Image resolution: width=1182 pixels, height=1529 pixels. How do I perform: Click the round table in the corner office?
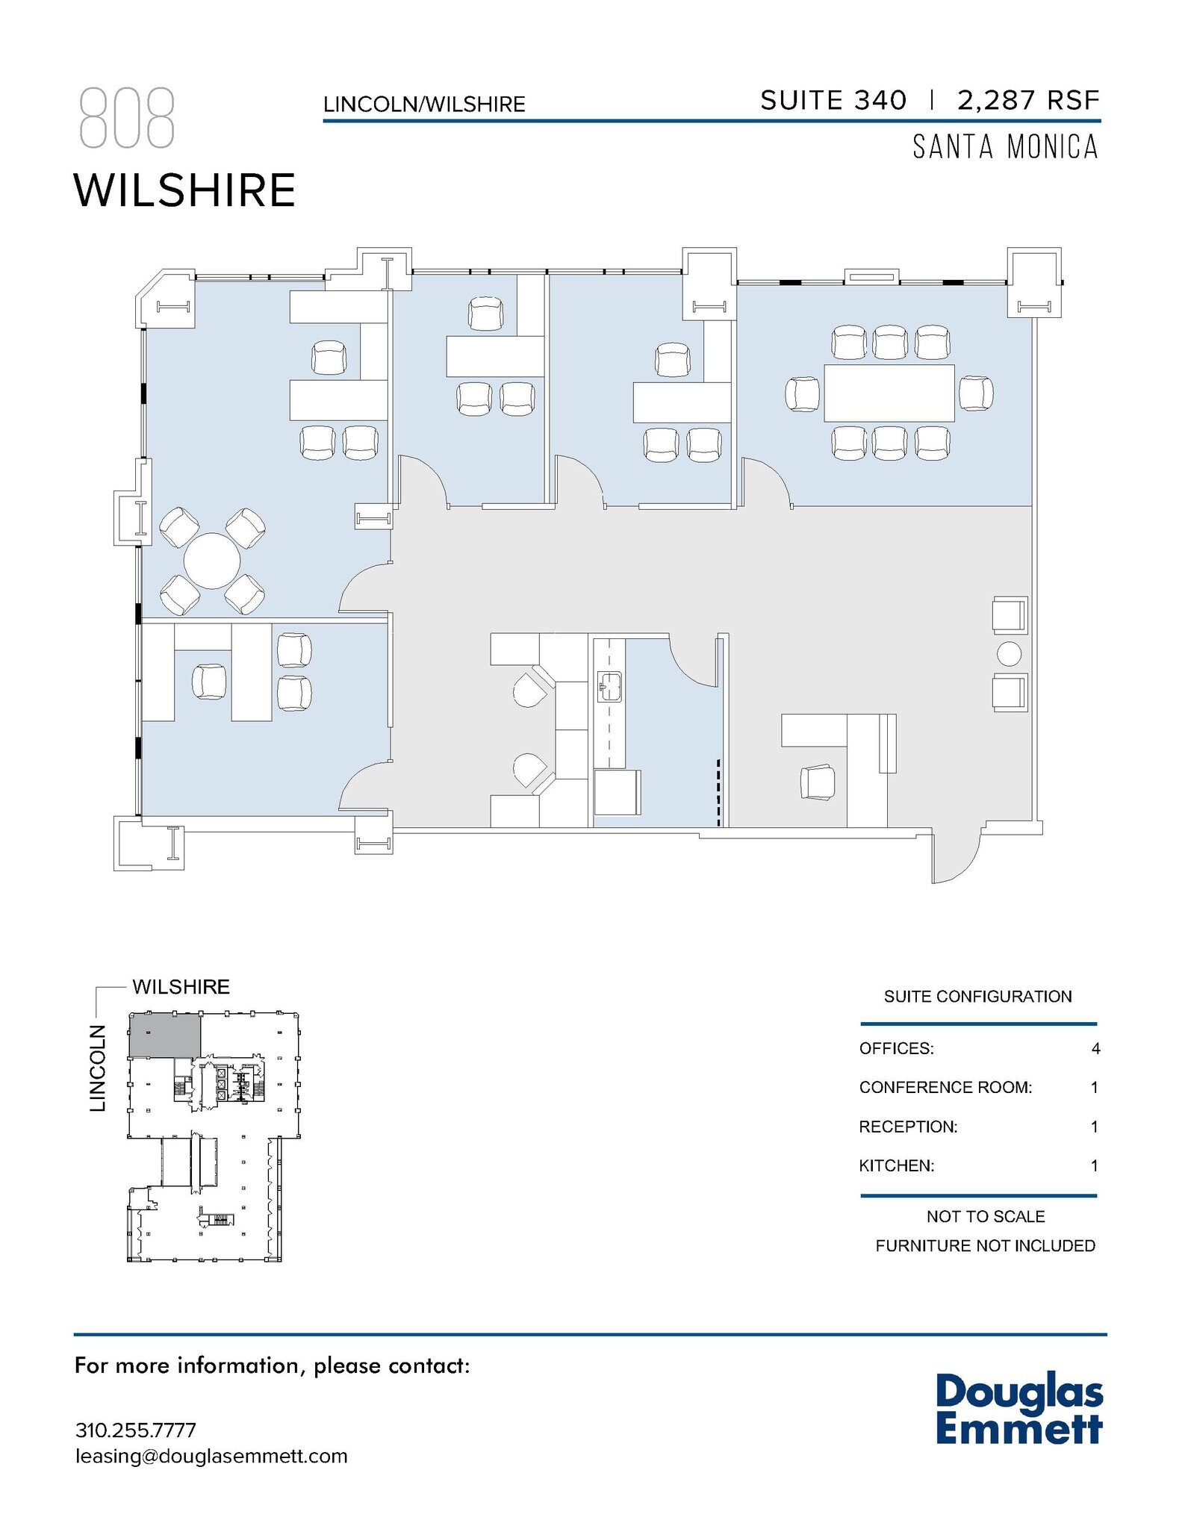coord(212,561)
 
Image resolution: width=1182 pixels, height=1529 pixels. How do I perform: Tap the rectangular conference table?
coord(889,393)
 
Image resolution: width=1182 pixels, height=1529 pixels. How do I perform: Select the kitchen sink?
coord(610,686)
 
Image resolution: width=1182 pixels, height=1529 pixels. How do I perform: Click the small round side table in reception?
coord(1009,654)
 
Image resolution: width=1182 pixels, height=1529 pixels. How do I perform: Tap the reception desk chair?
coord(817,782)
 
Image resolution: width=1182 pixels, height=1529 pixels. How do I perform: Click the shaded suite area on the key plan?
coord(165,1035)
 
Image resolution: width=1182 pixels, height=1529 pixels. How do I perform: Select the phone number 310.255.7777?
coord(136,1430)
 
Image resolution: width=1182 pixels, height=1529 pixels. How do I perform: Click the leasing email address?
coord(211,1456)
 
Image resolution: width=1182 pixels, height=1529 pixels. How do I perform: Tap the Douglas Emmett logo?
coord(1018,1410)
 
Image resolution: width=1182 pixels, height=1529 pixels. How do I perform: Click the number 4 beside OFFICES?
coord(1095,1048)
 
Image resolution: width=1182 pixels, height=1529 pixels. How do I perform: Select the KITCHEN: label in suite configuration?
coord(896,1165)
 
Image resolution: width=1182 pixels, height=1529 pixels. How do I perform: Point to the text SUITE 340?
coord(833,100)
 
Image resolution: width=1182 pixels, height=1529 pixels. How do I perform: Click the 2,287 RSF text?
coord(1028,100)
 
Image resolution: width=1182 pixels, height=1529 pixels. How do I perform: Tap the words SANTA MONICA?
coord(1005,147)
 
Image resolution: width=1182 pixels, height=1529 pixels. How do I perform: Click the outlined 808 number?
coord(127,118)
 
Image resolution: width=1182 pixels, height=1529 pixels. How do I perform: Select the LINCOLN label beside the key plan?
coord(98,1068)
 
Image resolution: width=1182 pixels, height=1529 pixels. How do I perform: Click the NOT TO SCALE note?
coord(985,1216)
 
